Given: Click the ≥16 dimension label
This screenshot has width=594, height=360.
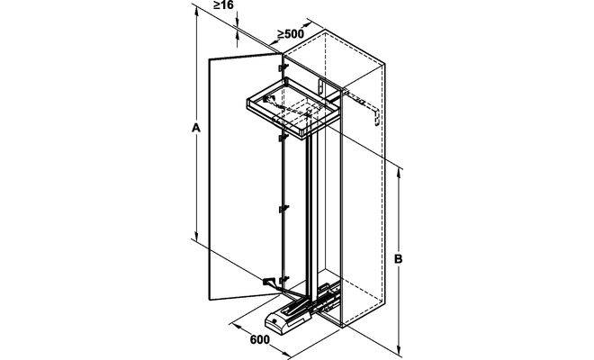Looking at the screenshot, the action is click(x=223, y=4).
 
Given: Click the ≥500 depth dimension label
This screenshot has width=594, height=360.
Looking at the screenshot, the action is click(x=291, y=34).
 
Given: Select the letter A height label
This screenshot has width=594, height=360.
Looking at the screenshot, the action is click(x=196, y=128).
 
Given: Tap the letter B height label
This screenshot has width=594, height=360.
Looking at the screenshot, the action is click(x=398, y=259).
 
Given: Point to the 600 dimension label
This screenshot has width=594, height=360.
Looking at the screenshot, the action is click(x=259, y=339).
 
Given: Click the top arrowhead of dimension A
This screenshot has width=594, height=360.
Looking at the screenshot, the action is click(x=196, y=12).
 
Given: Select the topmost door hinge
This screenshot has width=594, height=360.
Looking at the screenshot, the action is click(x=283, y=67).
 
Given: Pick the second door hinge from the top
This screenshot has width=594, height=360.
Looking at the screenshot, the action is click(x=283, y=138).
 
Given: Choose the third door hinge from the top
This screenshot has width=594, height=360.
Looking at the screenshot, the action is click(x=283, y=209).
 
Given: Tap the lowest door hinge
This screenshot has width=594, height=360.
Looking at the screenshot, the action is click(x=283, y=281).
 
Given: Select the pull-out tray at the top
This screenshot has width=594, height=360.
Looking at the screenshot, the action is click(x=293, y=108).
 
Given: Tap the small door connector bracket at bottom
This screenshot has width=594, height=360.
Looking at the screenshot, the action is click(x=269, y=283).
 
